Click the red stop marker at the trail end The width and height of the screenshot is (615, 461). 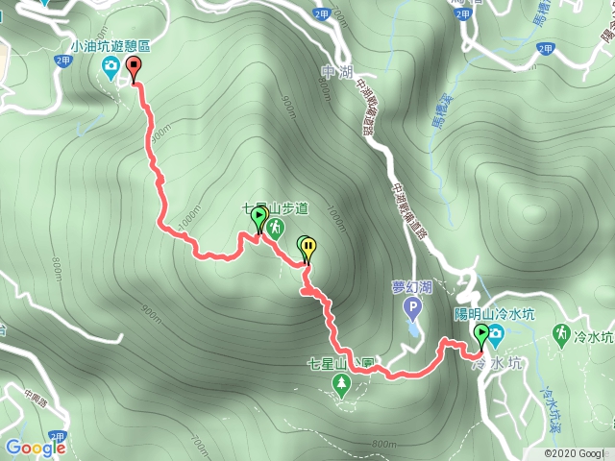(133, 67)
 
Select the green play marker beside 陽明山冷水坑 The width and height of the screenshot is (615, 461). (480, 332)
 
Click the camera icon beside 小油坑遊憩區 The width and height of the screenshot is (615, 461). (111, 65)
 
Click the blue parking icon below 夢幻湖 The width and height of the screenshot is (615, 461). (413, 309)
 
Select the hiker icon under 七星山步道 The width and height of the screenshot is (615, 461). (276, 227)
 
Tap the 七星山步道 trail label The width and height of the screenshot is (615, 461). (274, 207)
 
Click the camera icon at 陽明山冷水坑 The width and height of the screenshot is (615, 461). (496, 334)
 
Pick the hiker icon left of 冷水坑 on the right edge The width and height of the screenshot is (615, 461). (560, 333)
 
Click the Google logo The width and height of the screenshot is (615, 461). (35, 448)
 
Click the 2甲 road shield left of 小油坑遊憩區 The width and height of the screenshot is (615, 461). (63, 61)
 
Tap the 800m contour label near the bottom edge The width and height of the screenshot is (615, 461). (383, 444)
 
